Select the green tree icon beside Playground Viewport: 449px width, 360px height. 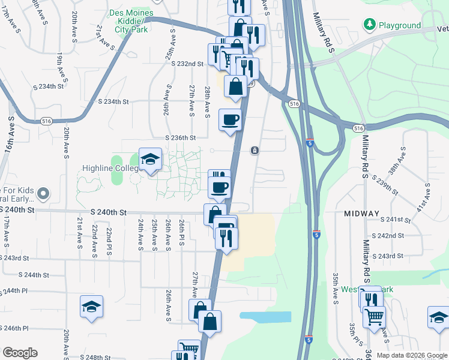(x=369, y=25)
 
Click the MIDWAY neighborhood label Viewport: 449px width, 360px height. (x=361, y=214)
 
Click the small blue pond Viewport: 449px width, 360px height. (x=265, y=317)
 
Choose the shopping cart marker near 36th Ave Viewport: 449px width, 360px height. (x=374, y=316)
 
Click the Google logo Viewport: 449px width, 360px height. (x=20, y=353)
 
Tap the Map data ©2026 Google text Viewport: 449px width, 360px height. (x=411, y=355)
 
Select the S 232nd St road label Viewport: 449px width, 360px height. (x=187, y=64)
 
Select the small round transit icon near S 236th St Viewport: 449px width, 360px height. (x=255, y=150)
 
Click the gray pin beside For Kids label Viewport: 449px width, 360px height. (x=42, y=193)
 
